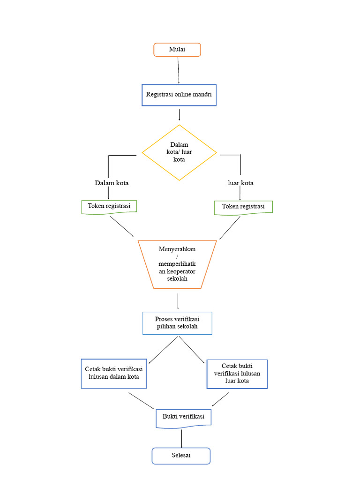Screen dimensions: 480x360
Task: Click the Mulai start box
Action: point(177,50)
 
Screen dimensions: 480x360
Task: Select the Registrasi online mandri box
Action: point(179,95)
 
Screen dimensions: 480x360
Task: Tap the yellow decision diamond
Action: point(179,152)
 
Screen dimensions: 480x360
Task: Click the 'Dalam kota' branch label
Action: point(112,183)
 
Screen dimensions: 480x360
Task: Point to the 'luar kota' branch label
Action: point(240,183)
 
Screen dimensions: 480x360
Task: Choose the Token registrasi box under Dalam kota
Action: point(109,207)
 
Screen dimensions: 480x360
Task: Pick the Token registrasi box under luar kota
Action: point(243,207)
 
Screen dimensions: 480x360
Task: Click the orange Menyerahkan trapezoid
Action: point(178,264)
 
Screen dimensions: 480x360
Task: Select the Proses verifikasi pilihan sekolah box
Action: point(177,323)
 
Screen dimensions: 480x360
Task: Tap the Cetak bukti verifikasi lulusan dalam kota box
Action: point(114,374)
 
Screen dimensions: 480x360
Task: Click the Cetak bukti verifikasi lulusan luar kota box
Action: point(237,374)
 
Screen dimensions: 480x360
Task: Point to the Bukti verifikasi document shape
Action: point(183,418)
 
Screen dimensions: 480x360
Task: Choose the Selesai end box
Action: point(181,456)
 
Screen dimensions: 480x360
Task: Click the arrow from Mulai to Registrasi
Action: point(179,70)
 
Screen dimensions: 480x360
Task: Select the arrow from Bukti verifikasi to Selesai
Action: point(181,438)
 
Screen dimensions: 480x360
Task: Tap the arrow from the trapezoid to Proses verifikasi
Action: point(178,300)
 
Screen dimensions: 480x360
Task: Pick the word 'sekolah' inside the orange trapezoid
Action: point(177,278)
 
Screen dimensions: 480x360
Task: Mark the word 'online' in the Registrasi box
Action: point(185,94)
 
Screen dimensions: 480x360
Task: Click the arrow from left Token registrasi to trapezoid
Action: point(121,226)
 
